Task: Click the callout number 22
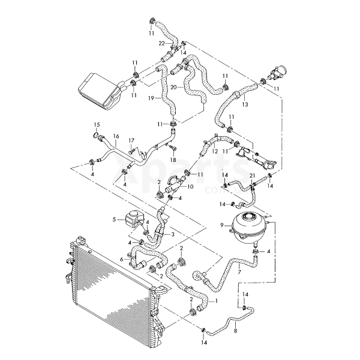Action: coord(162,43)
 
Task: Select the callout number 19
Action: coord(152,97)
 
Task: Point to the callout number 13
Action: coord(245,104)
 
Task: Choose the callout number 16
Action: coord(115,137)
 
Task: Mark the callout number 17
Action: coord(130,142)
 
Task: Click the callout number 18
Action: coord(173,161)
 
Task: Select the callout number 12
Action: coord(214,151)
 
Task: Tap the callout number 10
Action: coord(191,187)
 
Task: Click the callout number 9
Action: coord(221,225)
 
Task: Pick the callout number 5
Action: coord(113,220)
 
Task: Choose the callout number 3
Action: coord(173,234)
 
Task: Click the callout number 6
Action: coord(121,259)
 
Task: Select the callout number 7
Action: coord(239,273)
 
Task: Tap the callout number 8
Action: coord(235,331)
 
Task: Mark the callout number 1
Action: coord(216,300)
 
